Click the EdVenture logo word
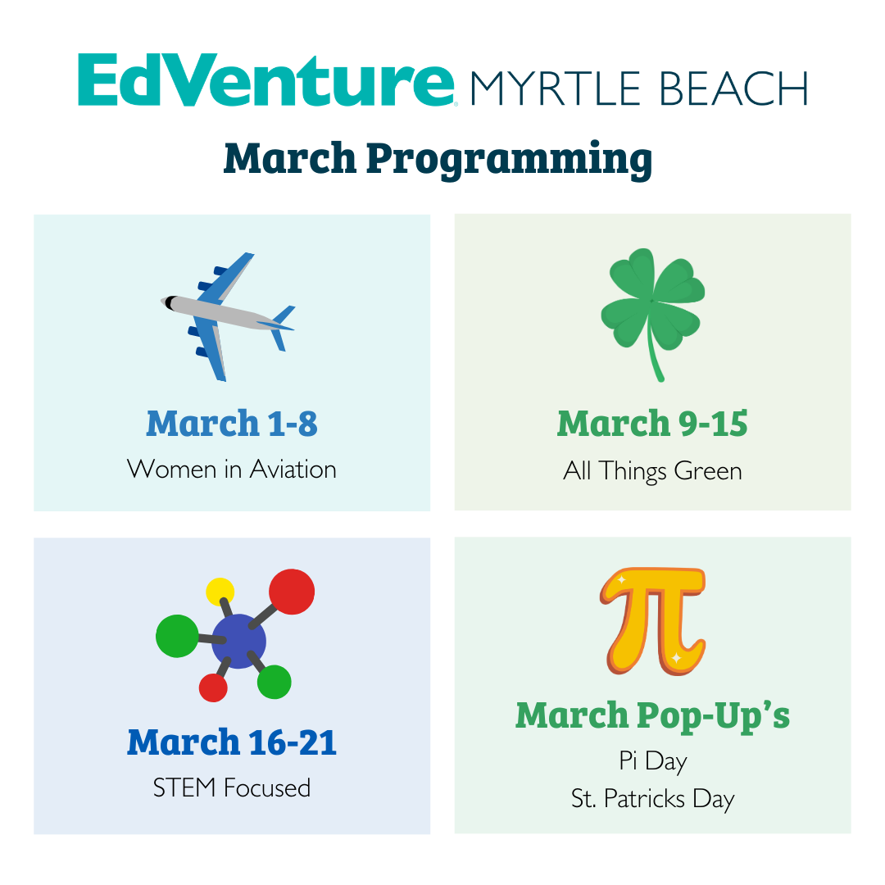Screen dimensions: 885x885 pos(265,79)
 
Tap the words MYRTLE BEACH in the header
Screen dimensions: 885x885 pos(639,89)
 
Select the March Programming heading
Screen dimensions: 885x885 pos(438,159)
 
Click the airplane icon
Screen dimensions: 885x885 pos(228,316)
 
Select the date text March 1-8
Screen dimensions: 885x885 pos(232,424)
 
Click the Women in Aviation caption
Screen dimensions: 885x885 pos(232,470)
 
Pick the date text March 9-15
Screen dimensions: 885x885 pos(652,424)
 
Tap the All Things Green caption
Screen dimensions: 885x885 pos(652,471)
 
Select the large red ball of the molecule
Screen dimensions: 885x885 pos(292,592)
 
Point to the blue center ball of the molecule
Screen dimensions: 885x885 pos(238,641)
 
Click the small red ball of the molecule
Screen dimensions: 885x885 pos(213,688)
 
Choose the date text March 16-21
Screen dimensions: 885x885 pos(232,742)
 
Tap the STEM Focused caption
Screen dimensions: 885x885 pos(232,788)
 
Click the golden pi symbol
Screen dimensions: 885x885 pos(653,621)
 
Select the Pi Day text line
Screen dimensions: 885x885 pos(653,761)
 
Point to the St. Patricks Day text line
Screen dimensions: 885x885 pos(653,799)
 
